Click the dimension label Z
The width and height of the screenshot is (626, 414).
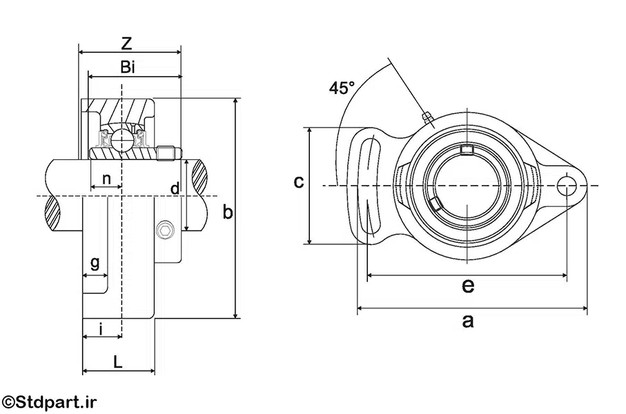tap(126, 43)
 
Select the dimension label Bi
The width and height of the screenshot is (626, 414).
tap(127, 67)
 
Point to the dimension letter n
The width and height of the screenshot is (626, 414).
tap(106, 179)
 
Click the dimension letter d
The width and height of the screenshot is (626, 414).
tap(175, 188)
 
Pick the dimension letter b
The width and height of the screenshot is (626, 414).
tap(226, 213)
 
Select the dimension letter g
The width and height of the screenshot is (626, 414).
tap(95, 262)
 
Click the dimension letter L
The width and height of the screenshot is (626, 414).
tap(118, 361)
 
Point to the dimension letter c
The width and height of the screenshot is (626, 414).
tap(298, 182)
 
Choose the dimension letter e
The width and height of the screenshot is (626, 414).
tap(467, 285)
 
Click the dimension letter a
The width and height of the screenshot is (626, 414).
tap(469, 320)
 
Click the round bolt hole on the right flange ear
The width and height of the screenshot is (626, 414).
tap(567, 186)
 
